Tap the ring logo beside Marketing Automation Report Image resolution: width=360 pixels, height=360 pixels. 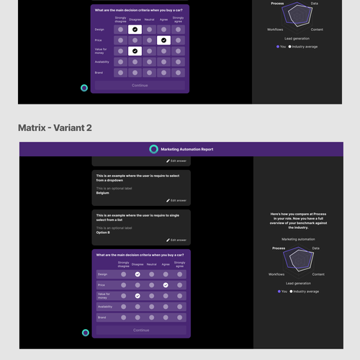tap(153, 149)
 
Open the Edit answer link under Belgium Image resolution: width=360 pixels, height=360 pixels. tap(176, 200)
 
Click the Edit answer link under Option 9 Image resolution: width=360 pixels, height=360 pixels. tap(176, 240)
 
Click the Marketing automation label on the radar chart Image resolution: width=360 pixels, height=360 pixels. tap(298, 238)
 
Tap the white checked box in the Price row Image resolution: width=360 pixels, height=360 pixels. tap(164, 41)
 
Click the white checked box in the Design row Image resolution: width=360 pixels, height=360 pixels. tap(134, 30)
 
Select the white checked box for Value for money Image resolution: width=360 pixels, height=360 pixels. tap(134, 51)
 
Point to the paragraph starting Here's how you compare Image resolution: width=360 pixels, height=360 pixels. tap(298, 220)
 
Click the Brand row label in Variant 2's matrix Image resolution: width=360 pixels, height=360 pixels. tap(102, 318)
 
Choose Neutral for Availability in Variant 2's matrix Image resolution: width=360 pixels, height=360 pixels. tap(150, 307)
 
